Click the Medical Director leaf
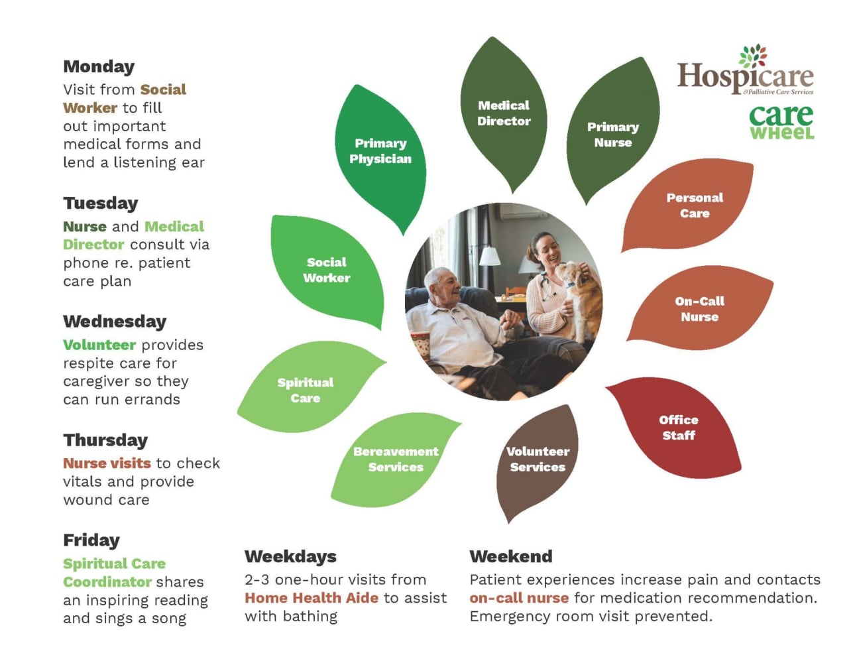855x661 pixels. (x=504, y=113)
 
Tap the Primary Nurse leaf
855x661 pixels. (x=613, y=135)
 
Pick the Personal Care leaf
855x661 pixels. (x=694, y=206)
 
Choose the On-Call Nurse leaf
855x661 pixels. (x=699, y=309)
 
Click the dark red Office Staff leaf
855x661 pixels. (x=678, y=428)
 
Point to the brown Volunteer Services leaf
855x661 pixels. (x=537, y=459)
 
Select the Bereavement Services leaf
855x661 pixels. (x=396, y=459)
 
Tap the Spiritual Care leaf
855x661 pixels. (x=305, y=391)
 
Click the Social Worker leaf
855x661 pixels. (x=327, y=270)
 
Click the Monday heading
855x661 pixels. (x=99, y=67)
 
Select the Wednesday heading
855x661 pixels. (x=115, y=322)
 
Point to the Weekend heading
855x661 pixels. (x=510, y=556)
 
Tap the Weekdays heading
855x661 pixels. (x=290, y=556)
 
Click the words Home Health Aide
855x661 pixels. (x=312, y=598)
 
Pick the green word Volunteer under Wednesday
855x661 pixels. (x=99, y=345)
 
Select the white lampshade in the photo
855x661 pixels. (x=490, y=255)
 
